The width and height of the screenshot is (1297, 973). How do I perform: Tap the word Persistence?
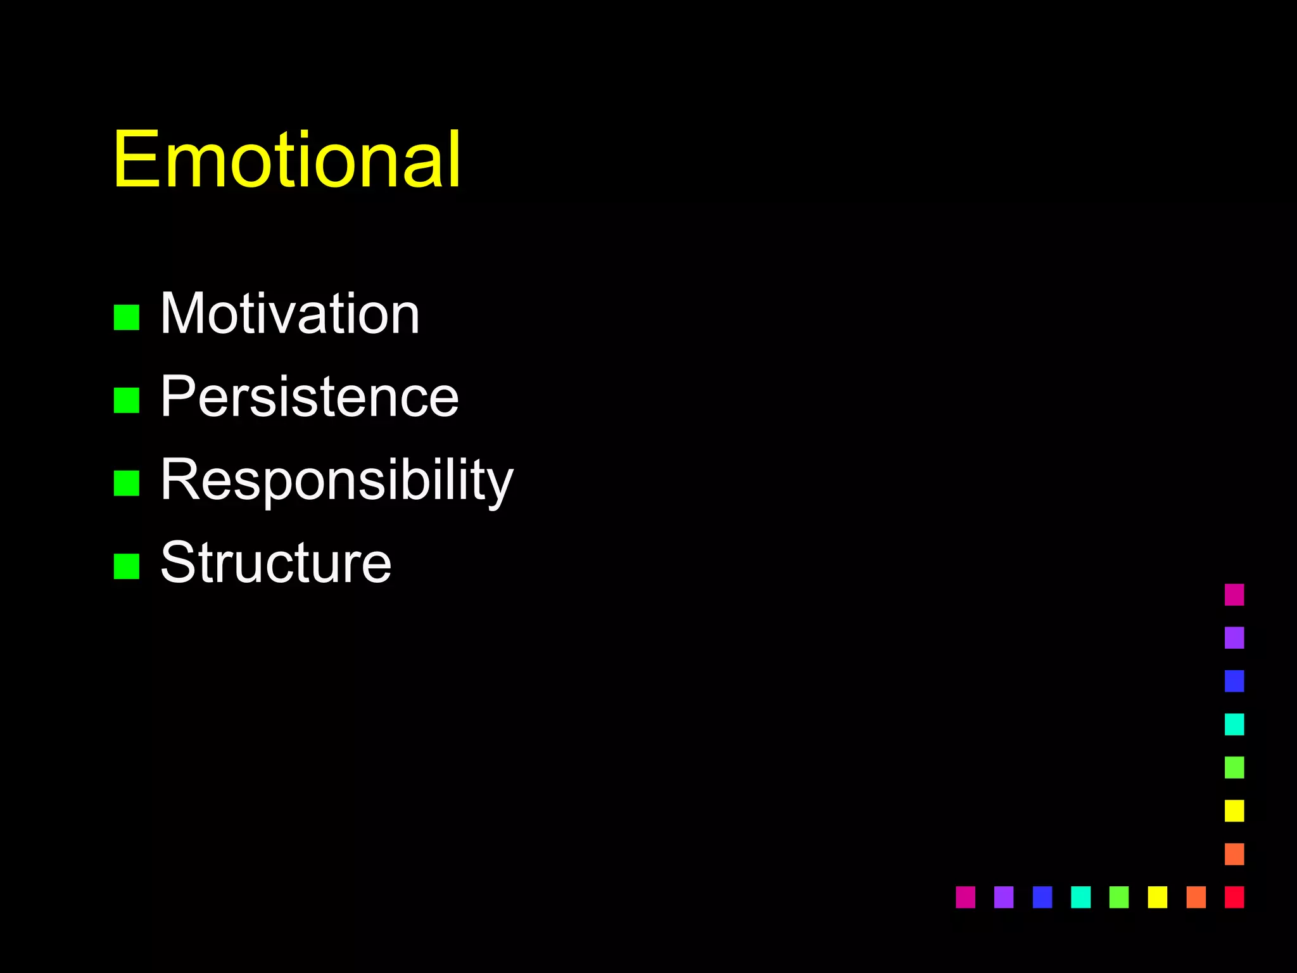pos(309,397)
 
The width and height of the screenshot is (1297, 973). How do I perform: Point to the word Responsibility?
pos(336,480)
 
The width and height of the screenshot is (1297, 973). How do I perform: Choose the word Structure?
pos(275,563)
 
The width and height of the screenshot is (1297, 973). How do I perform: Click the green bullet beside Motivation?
pos(127,317)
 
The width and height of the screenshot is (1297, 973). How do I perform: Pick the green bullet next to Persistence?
pos(127,400)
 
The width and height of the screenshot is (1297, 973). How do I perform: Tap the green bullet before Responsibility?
pos(127,483)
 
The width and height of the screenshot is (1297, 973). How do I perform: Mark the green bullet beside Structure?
pos(127,566)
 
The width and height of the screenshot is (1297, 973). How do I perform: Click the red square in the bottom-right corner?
pos(1234,897)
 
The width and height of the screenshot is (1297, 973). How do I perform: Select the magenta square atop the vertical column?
pos(1234,595)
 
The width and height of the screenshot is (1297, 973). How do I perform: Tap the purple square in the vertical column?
pos(1234,638)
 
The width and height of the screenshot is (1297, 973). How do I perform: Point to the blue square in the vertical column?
pos(1234,681)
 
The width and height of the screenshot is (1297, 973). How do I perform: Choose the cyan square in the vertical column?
pos(1234,724)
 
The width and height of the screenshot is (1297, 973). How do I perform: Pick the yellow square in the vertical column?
pos(1234,811)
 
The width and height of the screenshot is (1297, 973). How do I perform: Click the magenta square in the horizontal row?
pos(965,897)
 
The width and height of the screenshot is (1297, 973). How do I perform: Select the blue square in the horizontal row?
pos(1042,897)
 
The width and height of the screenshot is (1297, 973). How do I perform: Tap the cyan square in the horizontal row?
pos(1080,897)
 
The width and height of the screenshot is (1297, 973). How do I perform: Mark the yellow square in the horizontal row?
pos(1158,897)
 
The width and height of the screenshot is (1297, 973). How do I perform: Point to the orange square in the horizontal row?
pos(1196,897)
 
